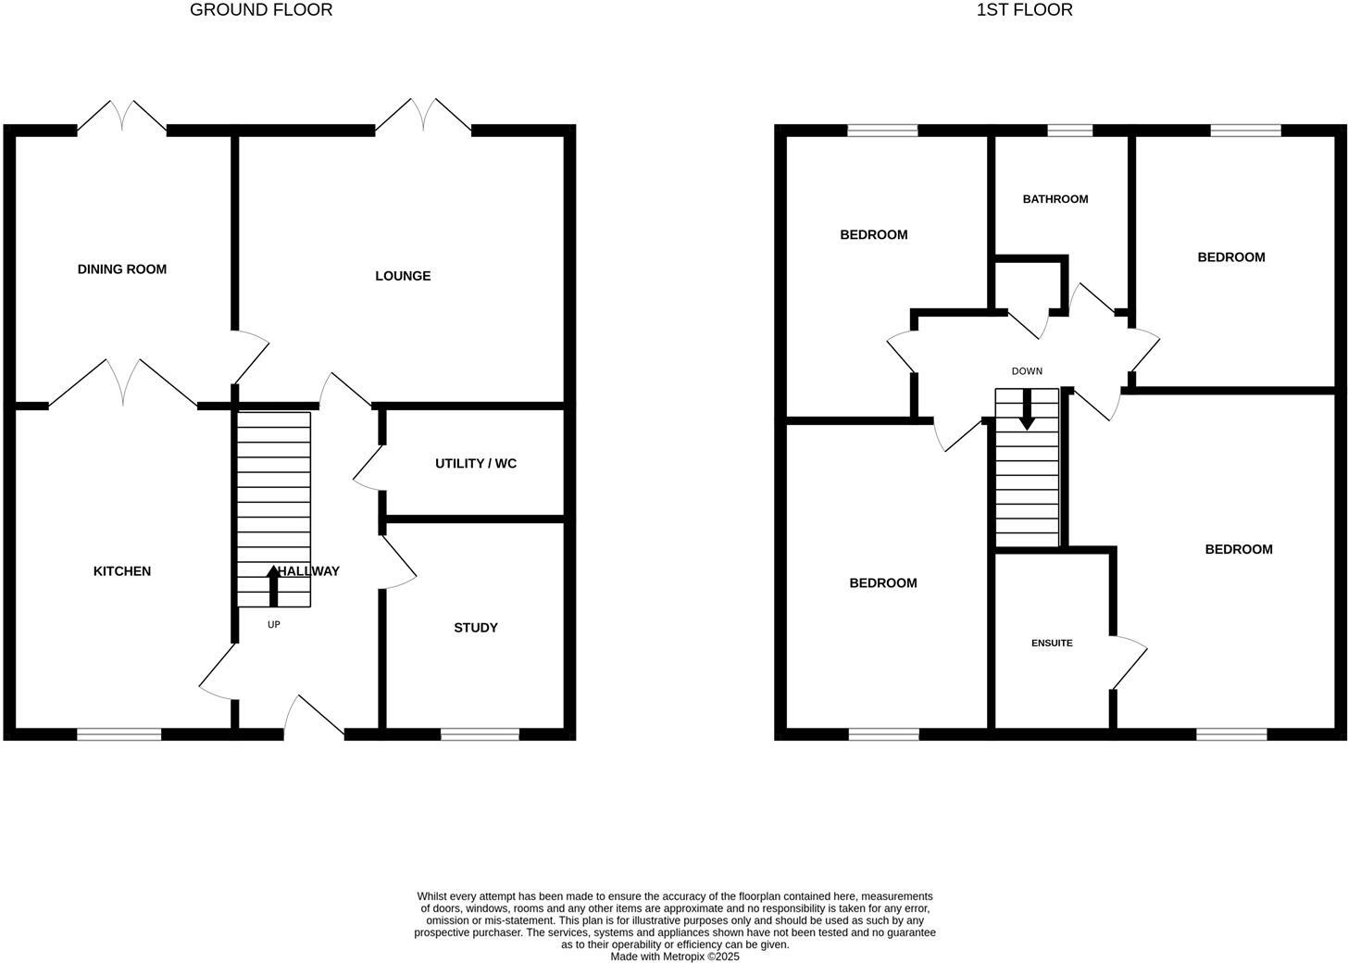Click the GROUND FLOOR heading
tap(261, 10)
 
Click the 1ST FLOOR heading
tap(1024, 10)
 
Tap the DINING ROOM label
tap(122, 269)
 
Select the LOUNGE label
tap(403, 276)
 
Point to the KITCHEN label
tap(122, 571)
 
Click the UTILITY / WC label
tap(476, 463)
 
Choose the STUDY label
tap(476, 628)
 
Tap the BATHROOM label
tap(1055, 199)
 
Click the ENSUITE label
tap(1052, 643)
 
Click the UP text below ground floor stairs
tap(274, 625)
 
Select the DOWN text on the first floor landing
tap(1027, 371)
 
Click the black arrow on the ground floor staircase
tap(273, 585)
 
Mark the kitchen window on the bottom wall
tap(119, 734)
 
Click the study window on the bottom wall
tap(480, 734)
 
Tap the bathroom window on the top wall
tap(1069, 131)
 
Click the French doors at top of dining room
tap(122, 118)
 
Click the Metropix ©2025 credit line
tap(674, 957)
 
